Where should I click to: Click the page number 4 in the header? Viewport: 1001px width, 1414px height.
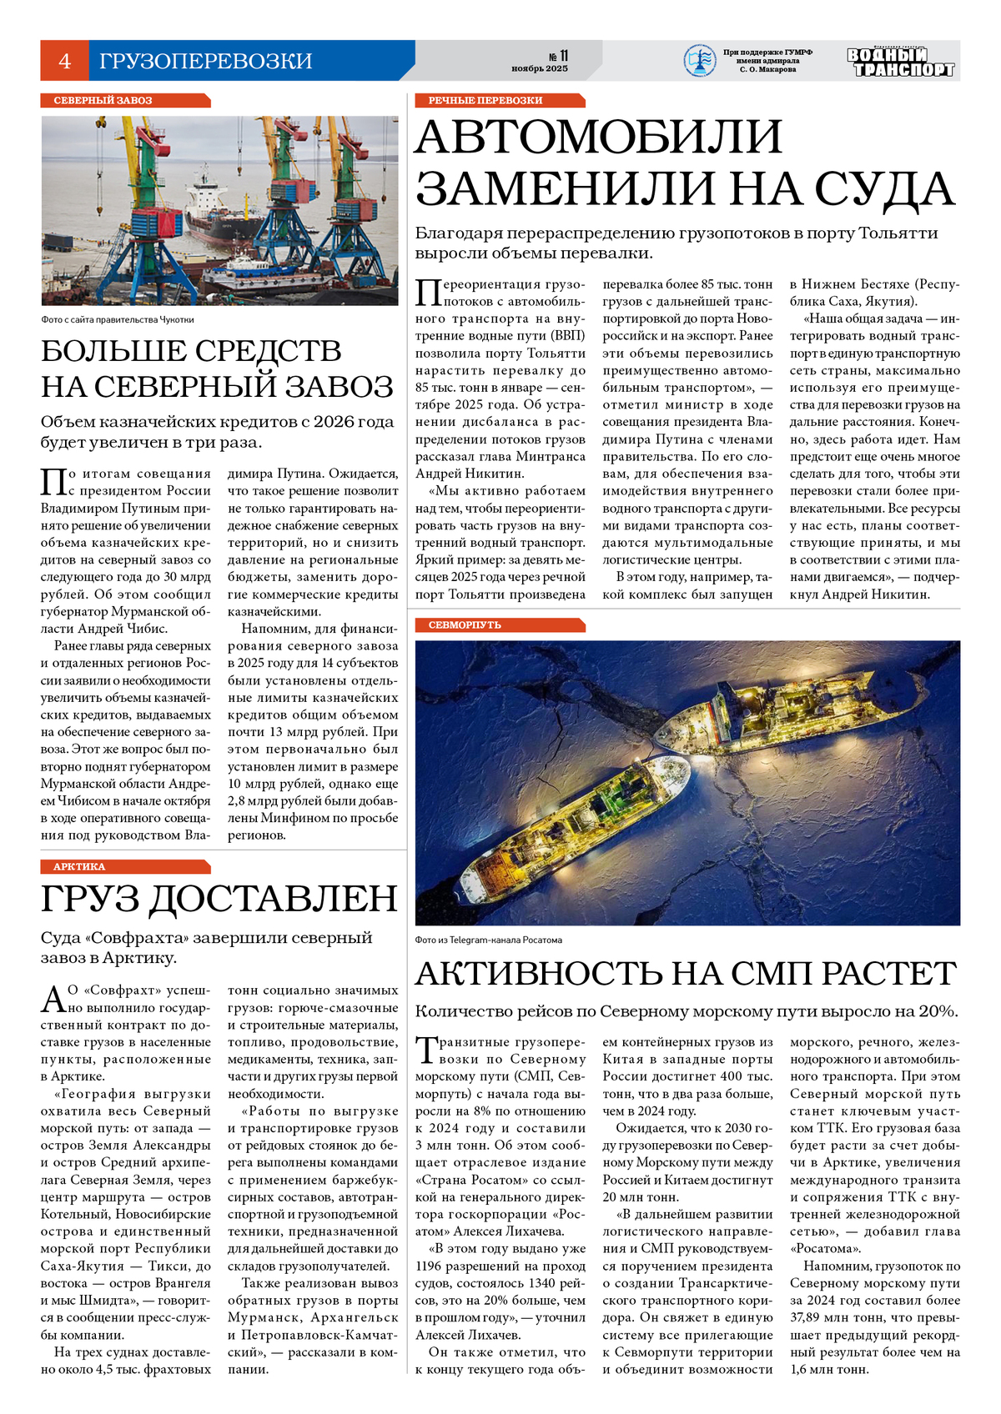tap(64, 61)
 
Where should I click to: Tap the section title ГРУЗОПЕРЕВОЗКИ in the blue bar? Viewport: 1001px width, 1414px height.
tap(205, 61)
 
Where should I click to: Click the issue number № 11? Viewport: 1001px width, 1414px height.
tap(557, 56)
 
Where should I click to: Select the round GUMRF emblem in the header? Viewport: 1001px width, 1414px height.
tap(699, 61)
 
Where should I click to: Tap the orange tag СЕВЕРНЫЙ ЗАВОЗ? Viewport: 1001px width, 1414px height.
tap(103, 100)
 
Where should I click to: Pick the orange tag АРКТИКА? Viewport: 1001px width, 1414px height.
tap(79, 866)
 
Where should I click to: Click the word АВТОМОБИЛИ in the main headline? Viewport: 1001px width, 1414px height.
tap(599, 138)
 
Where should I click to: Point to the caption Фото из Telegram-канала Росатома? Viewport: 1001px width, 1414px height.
tap(488, 940)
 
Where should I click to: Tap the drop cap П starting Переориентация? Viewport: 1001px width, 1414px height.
tap(428, 293)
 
